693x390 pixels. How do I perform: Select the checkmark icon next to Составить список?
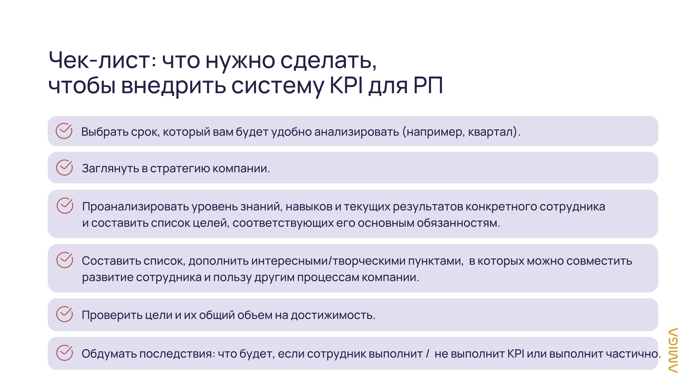[65, 260]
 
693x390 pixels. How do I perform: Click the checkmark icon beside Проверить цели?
[65, 314]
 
